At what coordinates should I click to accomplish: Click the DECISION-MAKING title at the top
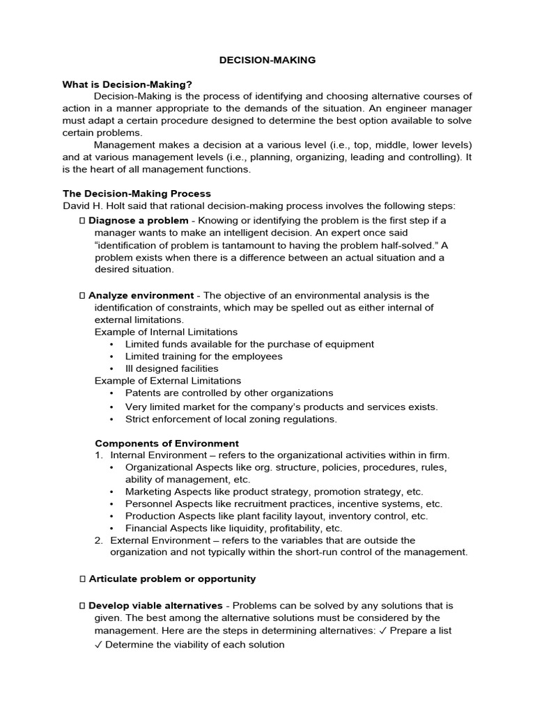(267, 61)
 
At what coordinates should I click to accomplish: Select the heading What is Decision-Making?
(127, 84)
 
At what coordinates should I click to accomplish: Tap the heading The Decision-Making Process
(137, 194)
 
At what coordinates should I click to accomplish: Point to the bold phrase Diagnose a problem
(138, 221)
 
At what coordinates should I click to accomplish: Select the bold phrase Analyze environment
(141, 295)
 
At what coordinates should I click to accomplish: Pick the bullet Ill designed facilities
(171, 368)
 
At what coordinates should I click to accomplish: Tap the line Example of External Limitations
(167, 381)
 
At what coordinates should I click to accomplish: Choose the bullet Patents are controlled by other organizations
(229, 393)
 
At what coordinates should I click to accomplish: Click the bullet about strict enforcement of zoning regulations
(231, 419)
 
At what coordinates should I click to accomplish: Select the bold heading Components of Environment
(166, 444)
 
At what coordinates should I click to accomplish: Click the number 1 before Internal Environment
(99, 455)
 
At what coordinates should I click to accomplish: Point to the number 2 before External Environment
(99, 540)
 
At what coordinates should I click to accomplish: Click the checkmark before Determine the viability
(98, 644)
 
